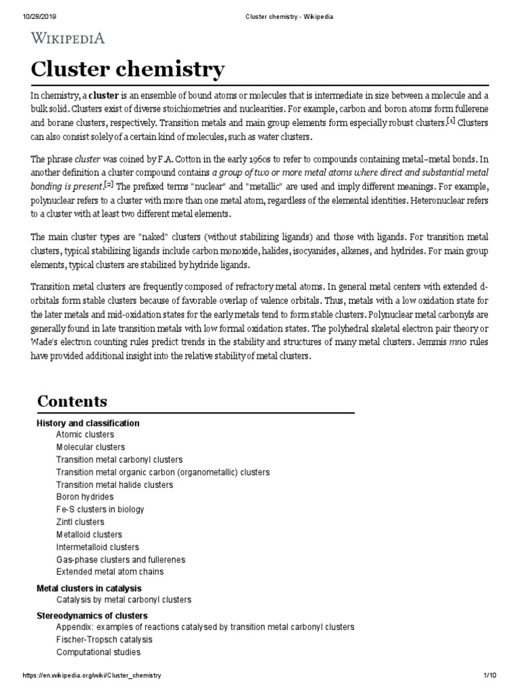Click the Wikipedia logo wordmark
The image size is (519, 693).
(x=66, y=38)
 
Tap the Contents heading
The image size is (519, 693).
(x=72, y=401)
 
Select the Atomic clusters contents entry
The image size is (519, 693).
(x=85, y=434)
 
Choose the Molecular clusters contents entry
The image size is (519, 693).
(x=91, y=447)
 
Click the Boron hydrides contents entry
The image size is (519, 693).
(x=85, y=497)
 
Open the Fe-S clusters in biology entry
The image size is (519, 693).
(x=100, y=509)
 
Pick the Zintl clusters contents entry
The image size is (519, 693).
(x=80, y=522)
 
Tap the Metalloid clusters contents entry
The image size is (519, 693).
(x=89, y=535)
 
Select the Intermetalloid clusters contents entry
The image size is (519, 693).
(x=97, y=547)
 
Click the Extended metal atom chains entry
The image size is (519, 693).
(x=110, y=572)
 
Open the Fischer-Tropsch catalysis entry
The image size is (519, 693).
(x=105, y=640)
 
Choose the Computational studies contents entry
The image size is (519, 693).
(x=99, y=652)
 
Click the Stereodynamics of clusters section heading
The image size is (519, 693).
(x=92, y=615)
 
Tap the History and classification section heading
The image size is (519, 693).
(x=88, y=423)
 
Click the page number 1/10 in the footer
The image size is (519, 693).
(x=491, y=677)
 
